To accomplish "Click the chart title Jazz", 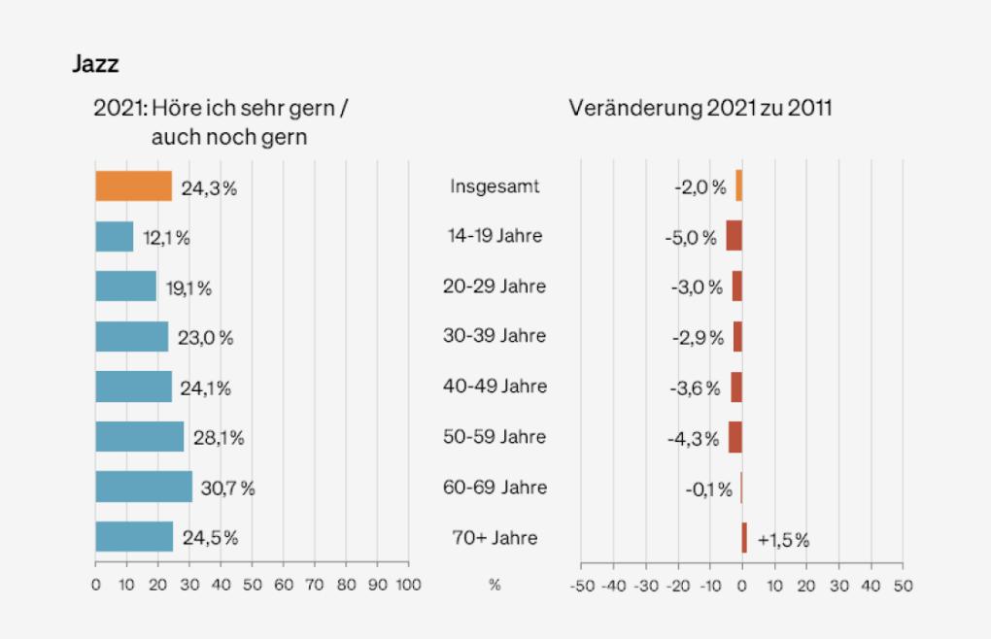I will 95,65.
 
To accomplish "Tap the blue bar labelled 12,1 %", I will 114,237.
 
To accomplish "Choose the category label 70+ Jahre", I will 495,537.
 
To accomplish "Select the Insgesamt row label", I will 495,186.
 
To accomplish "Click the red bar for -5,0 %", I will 734,236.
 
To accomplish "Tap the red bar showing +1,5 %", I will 744,538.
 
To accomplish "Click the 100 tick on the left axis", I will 408,586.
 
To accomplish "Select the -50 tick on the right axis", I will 581,586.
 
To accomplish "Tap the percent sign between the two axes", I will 495,586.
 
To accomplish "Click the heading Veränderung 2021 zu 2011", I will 700,108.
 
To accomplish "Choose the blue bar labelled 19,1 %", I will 125,286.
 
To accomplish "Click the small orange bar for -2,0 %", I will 738,186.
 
